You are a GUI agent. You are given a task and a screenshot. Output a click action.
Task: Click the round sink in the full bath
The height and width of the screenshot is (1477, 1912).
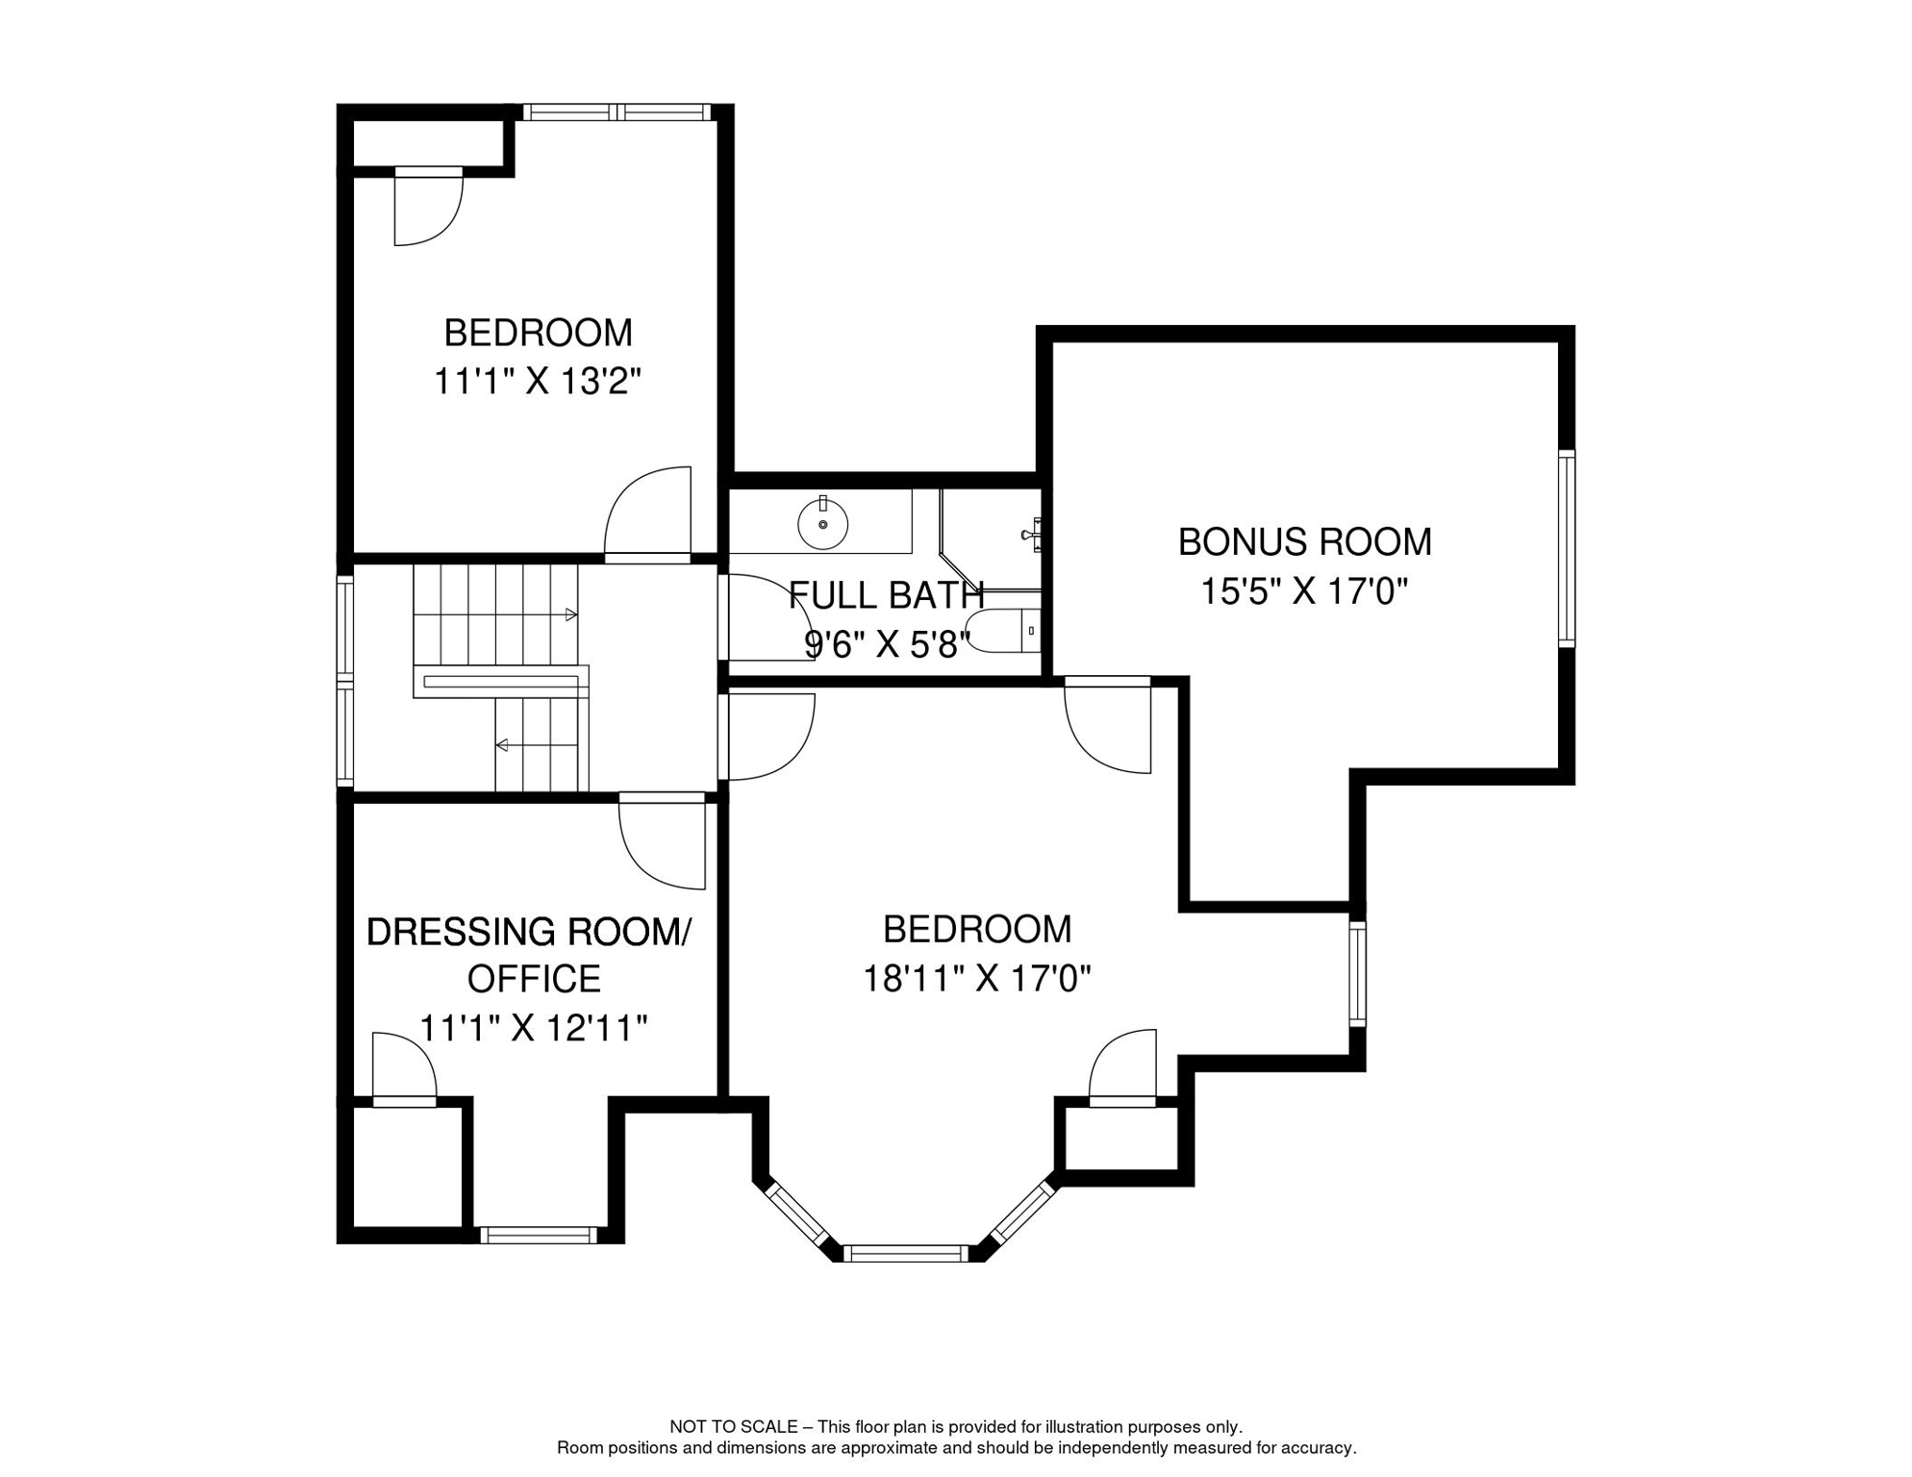coord(822,524)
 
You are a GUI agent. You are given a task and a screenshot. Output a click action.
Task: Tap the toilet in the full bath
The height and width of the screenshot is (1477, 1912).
coord(1005,631)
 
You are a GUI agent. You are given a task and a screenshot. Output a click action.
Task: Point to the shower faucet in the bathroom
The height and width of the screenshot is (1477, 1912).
coord(1032,533)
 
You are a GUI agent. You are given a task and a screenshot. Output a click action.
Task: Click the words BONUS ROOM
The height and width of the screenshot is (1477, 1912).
coord(1304,542)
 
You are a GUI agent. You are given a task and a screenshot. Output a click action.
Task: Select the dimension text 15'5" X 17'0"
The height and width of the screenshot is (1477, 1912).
coord(1303,591)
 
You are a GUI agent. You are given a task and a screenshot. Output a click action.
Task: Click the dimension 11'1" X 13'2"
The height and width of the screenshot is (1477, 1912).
coord(537,382)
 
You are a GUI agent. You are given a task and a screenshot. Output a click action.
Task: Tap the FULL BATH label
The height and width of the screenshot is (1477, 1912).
coord(886,596)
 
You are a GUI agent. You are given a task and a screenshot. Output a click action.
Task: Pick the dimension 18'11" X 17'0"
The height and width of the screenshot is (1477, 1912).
coord(976,980)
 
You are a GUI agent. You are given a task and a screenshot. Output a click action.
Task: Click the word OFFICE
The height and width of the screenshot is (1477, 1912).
coord(534,979)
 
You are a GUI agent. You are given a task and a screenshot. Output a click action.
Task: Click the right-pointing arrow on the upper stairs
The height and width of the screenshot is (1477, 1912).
coord(570,614)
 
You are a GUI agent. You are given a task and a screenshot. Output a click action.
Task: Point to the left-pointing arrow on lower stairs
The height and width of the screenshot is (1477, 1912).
coord(502,745)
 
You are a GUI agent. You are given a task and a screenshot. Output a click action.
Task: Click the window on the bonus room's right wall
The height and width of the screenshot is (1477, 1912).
coord(1566,548)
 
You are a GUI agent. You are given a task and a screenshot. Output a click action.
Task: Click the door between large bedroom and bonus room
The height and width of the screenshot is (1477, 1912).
coord(1109,726)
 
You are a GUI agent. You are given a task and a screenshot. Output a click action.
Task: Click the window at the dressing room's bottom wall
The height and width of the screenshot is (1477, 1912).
coord(538,1236)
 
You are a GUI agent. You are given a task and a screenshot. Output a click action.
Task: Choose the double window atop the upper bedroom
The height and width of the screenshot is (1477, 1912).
coord(616,113)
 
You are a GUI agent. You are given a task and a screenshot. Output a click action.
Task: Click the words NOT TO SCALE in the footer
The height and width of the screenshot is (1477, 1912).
coord(733,1427)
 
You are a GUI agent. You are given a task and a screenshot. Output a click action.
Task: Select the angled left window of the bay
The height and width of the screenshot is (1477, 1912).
coord(796,1214)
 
